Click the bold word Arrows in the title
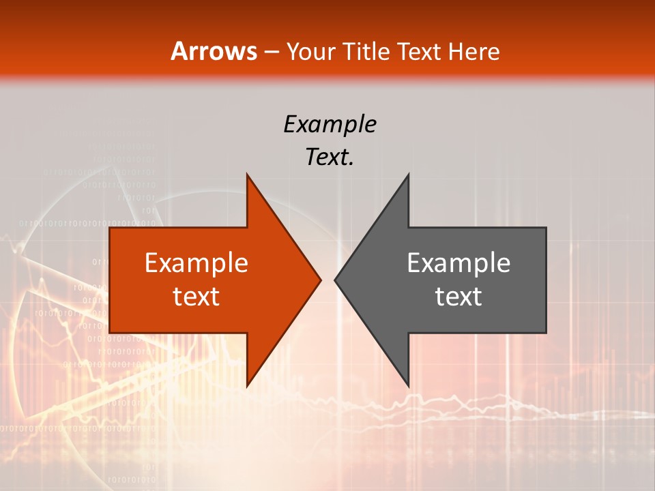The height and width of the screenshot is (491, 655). (214, 51)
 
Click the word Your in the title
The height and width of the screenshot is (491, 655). (310, 51)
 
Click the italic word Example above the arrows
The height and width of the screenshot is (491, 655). (330, 124)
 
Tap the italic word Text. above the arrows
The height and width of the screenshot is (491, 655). (330, 157)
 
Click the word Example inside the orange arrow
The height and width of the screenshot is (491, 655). (196, 263)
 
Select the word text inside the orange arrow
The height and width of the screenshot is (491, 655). (196, 297)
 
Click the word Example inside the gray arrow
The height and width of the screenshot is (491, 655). (458, 263)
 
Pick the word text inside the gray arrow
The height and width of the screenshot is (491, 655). (458, 297)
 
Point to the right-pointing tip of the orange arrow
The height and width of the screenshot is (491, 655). (321, 280)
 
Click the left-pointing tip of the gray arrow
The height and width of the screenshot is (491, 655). (334, 280)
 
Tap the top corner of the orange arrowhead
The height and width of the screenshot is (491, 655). (247, 175)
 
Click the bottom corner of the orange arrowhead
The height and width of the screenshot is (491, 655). (247, 385)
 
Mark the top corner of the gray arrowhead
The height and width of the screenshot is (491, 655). (408, 175)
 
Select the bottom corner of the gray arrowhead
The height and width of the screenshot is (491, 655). (408, 385)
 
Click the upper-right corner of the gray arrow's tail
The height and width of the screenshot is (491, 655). (546, 228)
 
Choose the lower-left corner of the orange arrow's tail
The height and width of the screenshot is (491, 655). (110, 333)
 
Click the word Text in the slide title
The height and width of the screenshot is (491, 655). (419, 51)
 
